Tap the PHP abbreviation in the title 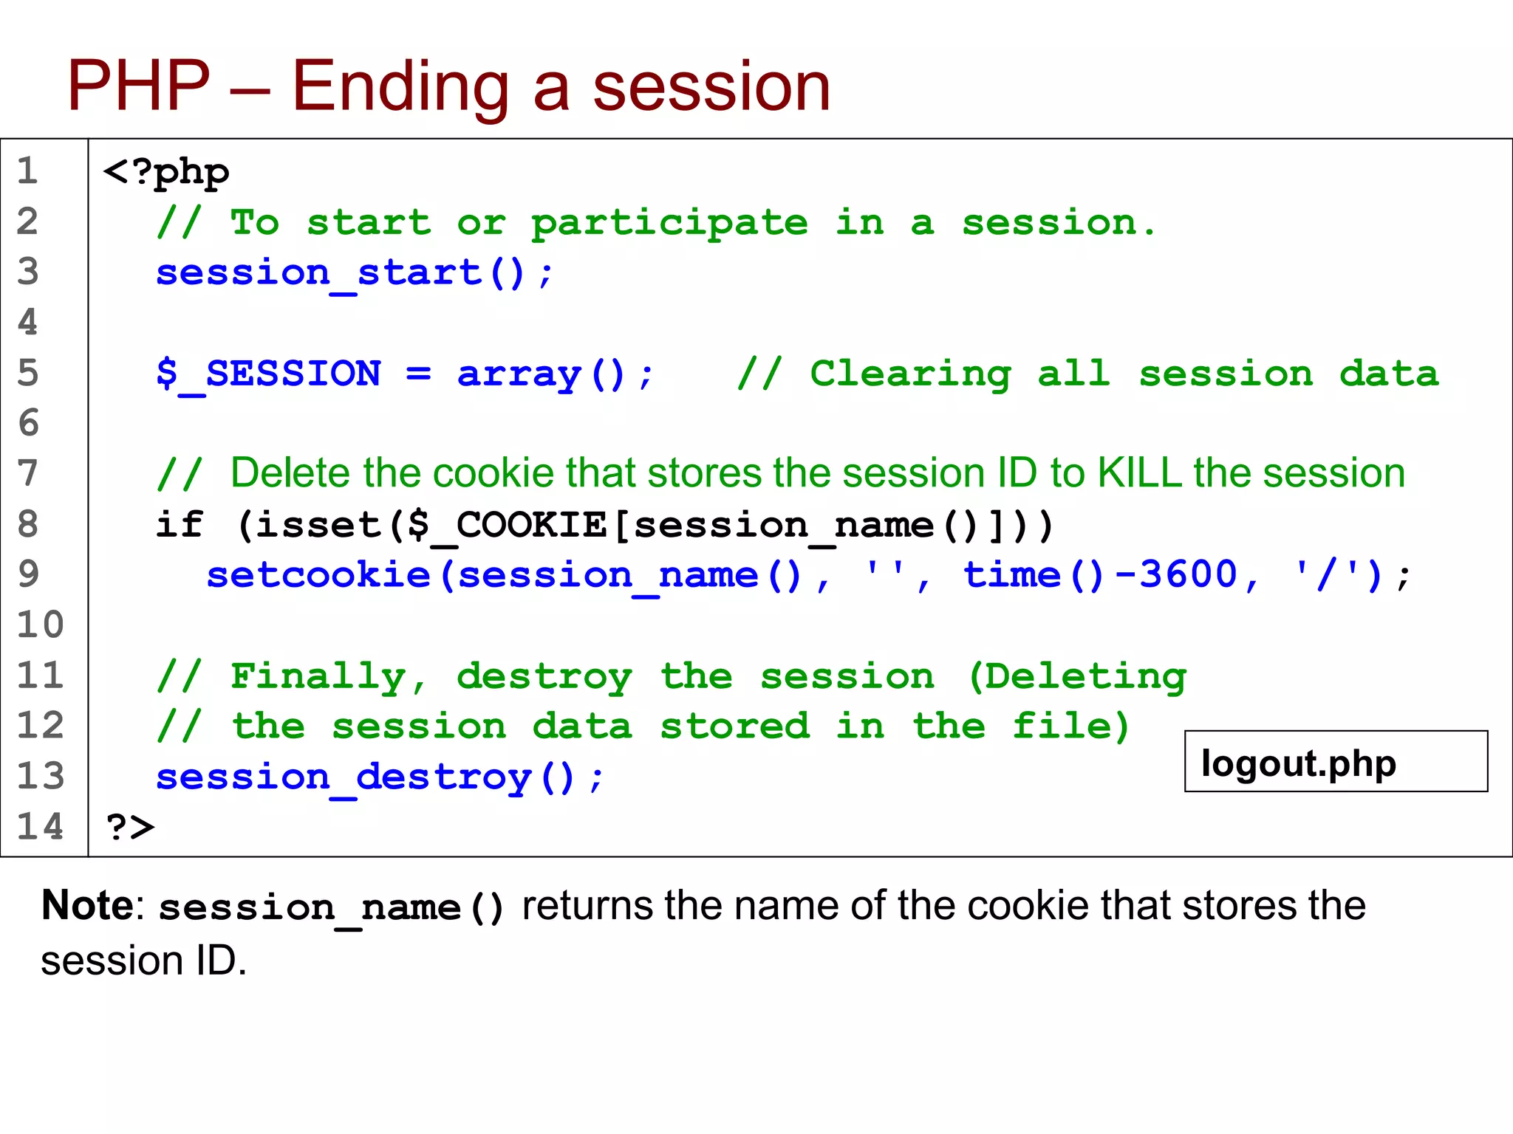(x=139, y=86)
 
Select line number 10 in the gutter (x=41, y=625)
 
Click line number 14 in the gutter (x=41, y=826)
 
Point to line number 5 (x=28, y=373)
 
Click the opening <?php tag (x=166, y=173)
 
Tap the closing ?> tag (x=130, y=827)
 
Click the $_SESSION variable (x=269, y=374)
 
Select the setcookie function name (x=318, y=575)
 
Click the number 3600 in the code (x=1188, y=575)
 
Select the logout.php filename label (x=1299, y=763)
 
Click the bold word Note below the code (x=87, y=905)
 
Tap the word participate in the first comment (x=669, y=223)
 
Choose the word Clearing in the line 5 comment (x=910, y=374)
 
